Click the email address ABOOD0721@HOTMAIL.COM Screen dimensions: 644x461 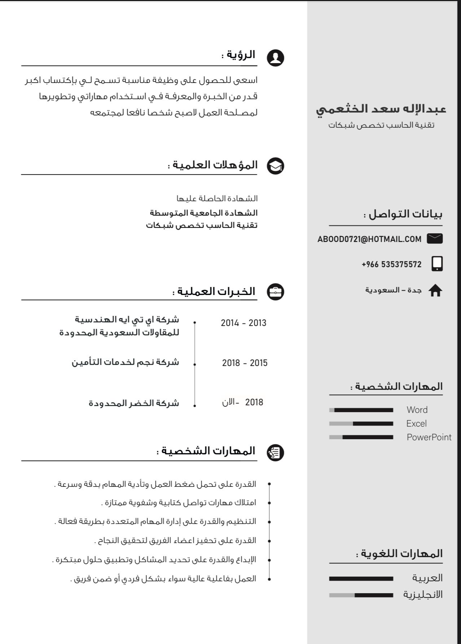(x=369, y=239)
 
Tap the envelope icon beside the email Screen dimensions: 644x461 (x=435, y=239)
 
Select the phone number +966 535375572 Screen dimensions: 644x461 (x=391, y=264)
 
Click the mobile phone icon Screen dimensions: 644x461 (x=437, y=264)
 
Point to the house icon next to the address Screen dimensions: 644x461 (x=435, y=291)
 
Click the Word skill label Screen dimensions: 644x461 (x=417, y=410)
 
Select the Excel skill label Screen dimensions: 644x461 (x=416, y=423)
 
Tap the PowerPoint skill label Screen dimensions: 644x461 (x=429, y=437)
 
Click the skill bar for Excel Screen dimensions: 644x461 (x=361, y=424)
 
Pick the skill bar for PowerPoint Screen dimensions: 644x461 (x=361, y=437)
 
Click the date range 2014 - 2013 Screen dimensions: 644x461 (x=243, y=323)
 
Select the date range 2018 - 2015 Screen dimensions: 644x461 (x=245, y=363)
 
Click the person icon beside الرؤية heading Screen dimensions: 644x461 (x=275, y=58)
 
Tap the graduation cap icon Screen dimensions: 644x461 (x=275, y=166)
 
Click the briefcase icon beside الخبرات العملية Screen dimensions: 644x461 (x=275, y=292)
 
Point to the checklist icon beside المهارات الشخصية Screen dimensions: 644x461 (x=275, y=453)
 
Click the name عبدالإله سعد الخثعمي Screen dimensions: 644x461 (x=381, y=109)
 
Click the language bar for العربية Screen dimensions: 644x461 (x=361, y=579)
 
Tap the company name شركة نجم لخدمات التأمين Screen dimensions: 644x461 (x=125, y=362)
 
